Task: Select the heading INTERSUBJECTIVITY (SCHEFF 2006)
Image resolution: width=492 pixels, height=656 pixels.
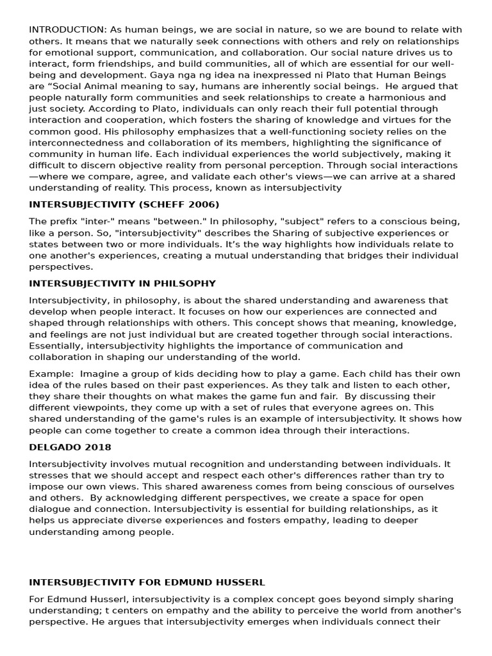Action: tap(124, 204)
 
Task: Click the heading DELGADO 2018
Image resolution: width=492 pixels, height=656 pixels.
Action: tap(70, 447)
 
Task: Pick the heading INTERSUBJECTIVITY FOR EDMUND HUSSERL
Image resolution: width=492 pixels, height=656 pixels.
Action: tap(147, 582)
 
